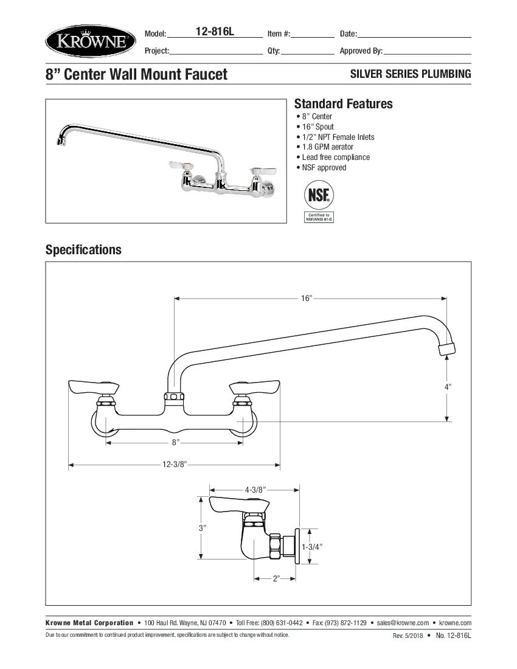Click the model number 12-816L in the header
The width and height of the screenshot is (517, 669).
point(215,32)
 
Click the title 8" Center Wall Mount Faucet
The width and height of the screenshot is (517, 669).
point(136,74)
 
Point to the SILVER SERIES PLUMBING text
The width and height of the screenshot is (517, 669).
point(411,74)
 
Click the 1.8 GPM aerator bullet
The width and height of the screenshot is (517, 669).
point(327,147)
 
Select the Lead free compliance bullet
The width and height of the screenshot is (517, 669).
point(335,157)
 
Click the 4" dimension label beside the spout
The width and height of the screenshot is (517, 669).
point(448,386)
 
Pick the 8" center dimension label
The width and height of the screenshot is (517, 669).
point(175,443)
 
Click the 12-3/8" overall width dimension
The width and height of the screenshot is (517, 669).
point(174,465)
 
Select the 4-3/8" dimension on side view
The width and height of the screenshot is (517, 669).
point(255,489)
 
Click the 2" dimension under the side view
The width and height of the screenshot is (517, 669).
point(276,578)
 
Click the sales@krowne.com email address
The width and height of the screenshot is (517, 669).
point(403,623)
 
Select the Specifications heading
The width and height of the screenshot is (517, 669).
point(83,249)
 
